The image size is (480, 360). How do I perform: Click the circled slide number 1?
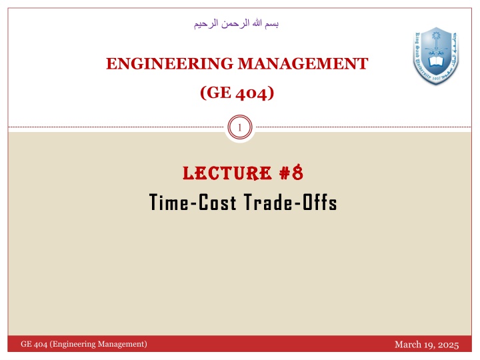[240, 127]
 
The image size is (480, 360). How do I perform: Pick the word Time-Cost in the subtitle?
[192, 203]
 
